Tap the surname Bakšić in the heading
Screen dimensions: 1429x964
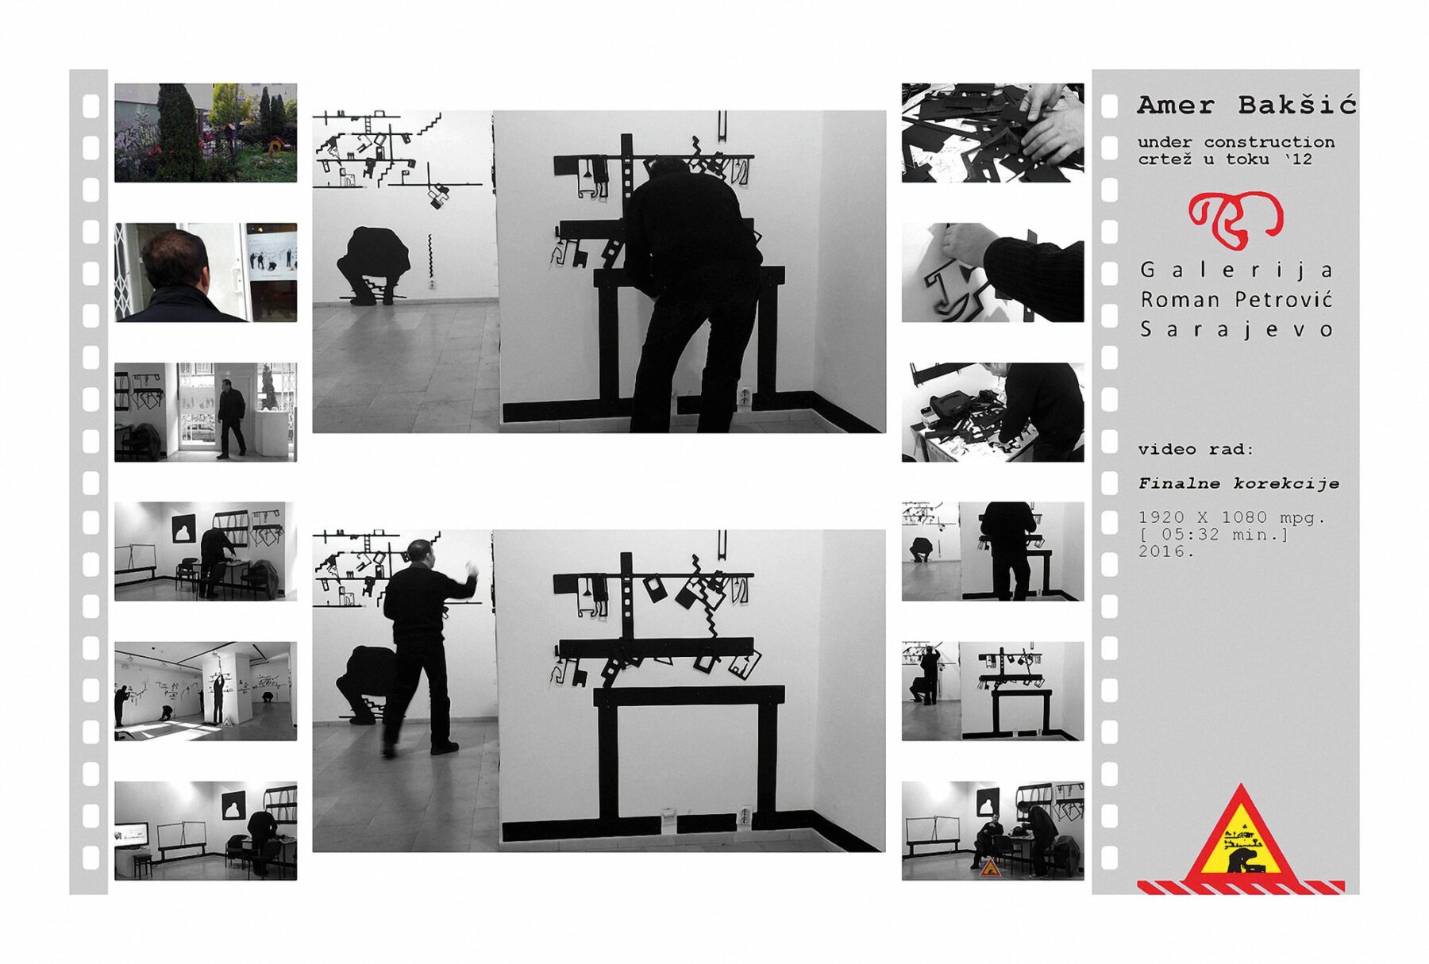point(1297,104)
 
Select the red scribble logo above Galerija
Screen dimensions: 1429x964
point(1235,218)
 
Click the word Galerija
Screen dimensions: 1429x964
point(1236,271)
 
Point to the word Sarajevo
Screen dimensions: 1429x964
point(1236,330)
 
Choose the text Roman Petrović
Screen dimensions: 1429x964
point(1236,300)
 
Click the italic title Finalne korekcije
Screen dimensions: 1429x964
point(1238,483)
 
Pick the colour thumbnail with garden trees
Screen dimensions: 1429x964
point(206,133)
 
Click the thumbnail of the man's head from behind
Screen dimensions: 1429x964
point(206,272)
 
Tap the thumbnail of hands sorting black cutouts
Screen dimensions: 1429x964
point(992,133)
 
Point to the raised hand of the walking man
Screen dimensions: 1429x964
point(471,569)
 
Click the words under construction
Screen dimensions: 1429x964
point(1236,142)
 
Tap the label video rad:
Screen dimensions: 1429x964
point(1196,449)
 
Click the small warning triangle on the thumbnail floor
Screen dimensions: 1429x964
point(989,868)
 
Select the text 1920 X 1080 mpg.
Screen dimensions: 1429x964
point(1231,517)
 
